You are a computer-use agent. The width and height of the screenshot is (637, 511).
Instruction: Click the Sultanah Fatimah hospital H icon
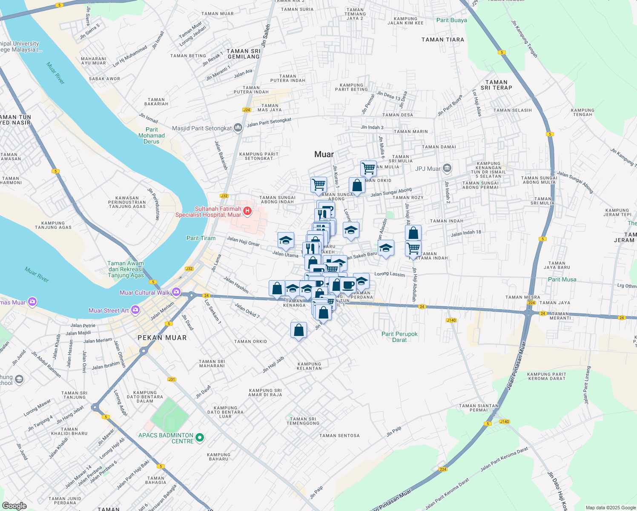coord(247,211)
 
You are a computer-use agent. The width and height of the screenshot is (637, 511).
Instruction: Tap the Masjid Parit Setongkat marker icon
coord(238,127)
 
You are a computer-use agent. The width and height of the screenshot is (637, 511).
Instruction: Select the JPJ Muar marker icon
coord(447,168)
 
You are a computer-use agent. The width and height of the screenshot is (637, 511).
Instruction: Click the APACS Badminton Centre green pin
coord(200,437)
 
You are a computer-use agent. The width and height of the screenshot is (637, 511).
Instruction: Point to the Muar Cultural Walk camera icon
coord(176,293)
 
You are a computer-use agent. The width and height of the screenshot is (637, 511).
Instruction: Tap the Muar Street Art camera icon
coord(135,310)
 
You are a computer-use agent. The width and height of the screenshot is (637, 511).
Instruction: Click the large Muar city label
coord(324,154)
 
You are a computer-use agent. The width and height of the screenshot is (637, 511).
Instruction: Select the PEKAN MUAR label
coord(162,338)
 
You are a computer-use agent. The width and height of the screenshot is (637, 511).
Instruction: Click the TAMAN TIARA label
coord(443,40)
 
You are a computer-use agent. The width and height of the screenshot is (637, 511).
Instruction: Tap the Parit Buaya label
coord(451,20)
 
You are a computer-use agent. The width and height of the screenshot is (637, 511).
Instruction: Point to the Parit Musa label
coord(562,279)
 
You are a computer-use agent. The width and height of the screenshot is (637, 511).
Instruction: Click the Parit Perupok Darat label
coord(399,337)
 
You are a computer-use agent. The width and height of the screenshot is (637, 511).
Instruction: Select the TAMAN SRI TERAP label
coord(496,85)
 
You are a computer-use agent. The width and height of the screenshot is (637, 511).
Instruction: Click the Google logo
coord(14,506)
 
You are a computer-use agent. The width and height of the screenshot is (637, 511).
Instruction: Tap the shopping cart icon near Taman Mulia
coord(368,168)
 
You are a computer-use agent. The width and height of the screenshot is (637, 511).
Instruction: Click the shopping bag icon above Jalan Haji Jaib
coord(299,330)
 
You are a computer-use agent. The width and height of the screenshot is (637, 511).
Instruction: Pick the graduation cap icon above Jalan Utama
coord(286,240)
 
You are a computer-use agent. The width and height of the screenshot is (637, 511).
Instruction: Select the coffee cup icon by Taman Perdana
coord(348,284)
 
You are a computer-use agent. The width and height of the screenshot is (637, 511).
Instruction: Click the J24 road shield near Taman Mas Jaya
coord(246,110)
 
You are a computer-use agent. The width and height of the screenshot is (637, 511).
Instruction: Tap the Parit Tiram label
coord(201,238)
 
